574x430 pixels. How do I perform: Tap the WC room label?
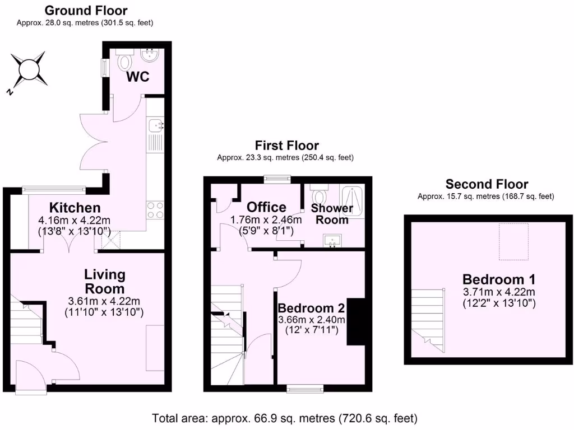point(137,77)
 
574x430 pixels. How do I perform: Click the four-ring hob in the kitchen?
point(155,210)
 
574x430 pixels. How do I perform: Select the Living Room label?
point(104,282)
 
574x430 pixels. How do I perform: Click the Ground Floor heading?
point(86,10)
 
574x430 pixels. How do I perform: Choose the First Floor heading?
point(286,146)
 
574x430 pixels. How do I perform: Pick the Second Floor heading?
point(487,184)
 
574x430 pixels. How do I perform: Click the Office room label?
point(266,207)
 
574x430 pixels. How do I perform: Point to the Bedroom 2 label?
point(311,308)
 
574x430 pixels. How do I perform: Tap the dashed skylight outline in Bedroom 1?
point(513,241)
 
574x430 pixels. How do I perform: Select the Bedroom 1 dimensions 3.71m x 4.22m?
point(499,292)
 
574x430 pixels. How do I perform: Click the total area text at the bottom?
point(285,418)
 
